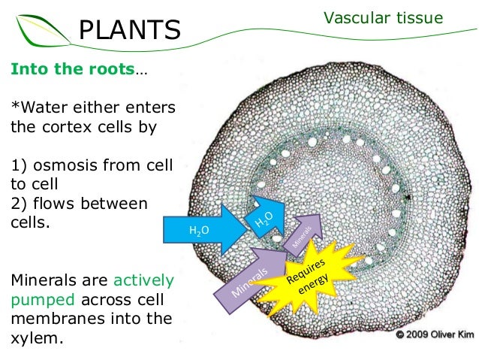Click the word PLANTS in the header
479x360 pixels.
[130, 30]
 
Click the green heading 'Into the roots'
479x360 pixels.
[72, 69]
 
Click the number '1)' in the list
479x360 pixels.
[19, 165]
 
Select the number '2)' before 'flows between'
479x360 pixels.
[19, 204]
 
